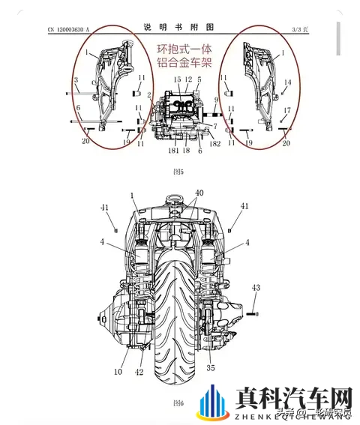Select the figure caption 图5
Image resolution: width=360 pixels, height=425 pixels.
(x=178, y=171)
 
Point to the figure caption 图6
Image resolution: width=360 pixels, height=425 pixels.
(x=178, y=403)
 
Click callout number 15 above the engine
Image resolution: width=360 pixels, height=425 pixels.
(x=177, y=79)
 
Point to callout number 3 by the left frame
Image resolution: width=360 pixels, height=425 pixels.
(x=75, y=79)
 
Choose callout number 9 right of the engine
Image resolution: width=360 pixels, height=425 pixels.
(x=214, y=100)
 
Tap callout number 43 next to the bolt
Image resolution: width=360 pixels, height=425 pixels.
(x=256, y=288)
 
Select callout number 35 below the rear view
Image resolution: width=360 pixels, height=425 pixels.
(x=211, y=368)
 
